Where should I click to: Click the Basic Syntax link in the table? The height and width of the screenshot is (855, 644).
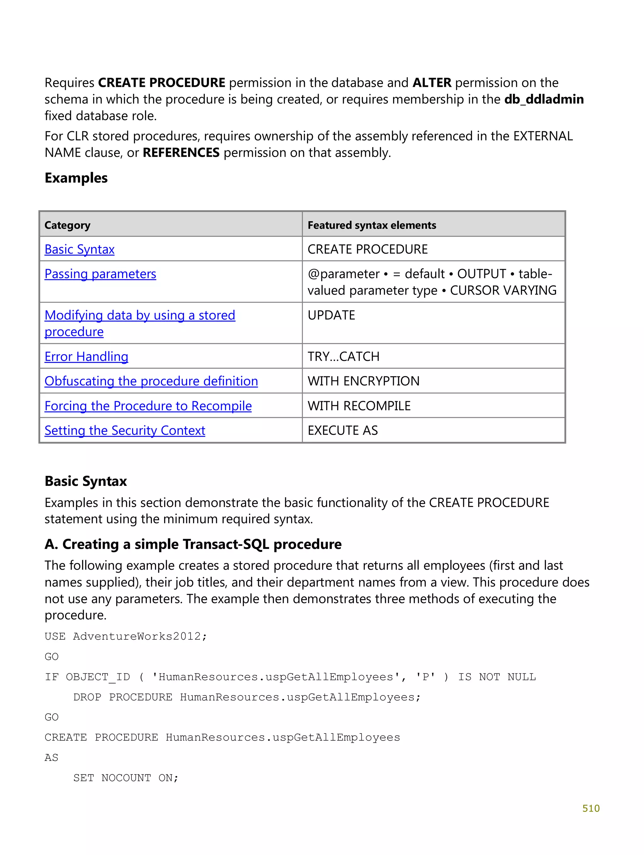click(x=79, y=249)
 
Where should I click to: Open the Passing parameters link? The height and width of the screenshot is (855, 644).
click(x=100, y=274)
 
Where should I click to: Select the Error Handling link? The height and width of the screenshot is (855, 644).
click(x=86, y=356)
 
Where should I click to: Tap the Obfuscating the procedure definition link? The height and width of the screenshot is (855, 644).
click(x=151, y=381)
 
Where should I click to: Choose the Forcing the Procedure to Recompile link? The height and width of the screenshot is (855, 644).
click(x=148, y=406)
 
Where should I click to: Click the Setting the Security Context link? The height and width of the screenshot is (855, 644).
click(x=125, y=430)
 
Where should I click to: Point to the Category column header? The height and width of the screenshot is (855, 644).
click(x=67, y=225)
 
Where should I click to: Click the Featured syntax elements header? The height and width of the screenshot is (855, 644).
click(x=372, y=225)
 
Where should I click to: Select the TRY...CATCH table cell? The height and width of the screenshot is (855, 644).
click(x=343, y=356)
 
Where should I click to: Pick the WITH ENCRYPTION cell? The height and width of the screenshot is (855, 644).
click(x=363, y=381)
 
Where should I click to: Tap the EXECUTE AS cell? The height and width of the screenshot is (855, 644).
click(x=343, y=430)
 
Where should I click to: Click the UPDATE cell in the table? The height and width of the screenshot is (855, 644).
click(x=331, y=315)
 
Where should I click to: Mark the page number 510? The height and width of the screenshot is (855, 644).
click(x=591, y=808)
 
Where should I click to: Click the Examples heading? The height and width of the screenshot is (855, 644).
click(x=76, y=178)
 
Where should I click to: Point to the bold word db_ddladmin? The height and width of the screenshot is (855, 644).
click(x=544, y=99)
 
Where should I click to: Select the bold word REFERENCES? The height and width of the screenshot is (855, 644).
click(x=181, y=153)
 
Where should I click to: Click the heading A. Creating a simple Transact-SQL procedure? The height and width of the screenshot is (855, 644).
click(x=193, y=544)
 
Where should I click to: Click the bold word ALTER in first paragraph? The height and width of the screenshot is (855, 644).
click(x=432, y=83)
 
